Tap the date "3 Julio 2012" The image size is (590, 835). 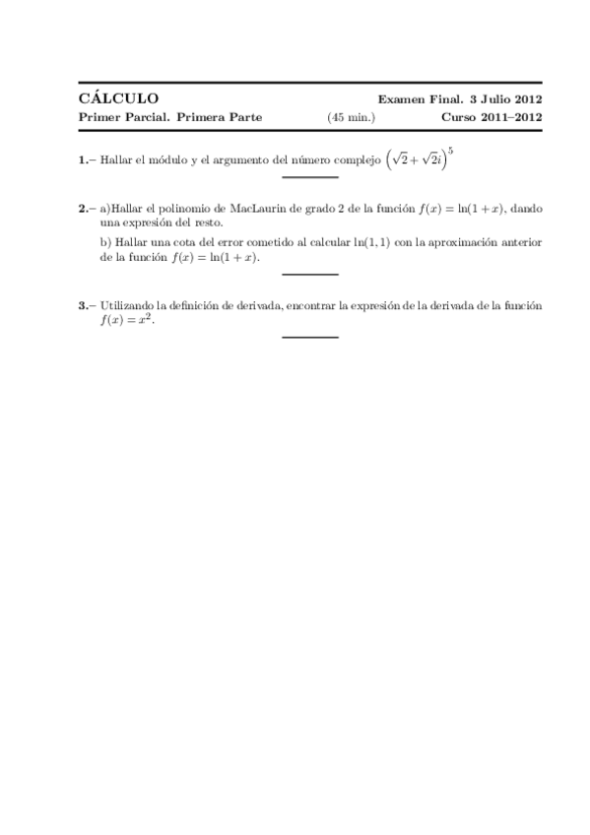pyautogui.click(x=507, y=99)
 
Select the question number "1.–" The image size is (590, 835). pyautogui.click(x=88, y=160)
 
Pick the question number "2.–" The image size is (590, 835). pyautogui.click(x=88, y=210)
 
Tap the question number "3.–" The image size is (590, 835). pyautogui.click(x=88, y=306)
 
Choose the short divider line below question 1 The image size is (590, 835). pyautogui.click(x=309, y=177)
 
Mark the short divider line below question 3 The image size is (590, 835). pyautogui.click(x=309, y=338)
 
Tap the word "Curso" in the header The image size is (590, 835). pyautogui.click(x=461, y=117)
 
